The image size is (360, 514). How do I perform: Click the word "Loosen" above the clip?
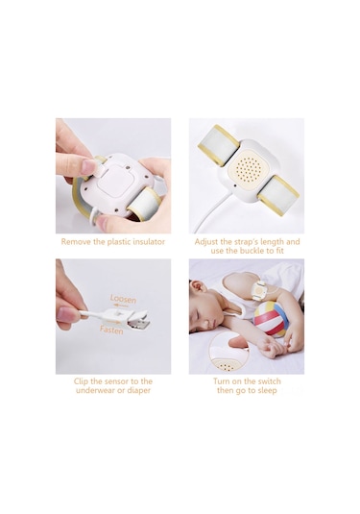tap(123, 299)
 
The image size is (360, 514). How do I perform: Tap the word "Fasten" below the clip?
tap(111, 330)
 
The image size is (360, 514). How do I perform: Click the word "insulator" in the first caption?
tap(146, 242)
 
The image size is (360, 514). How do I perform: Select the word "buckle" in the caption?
tap(253, 251)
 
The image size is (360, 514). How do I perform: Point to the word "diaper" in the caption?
tap(138, 390)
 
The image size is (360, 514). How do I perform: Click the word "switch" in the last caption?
tap(269, 381)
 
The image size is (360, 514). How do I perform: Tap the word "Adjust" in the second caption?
tap(206, 242)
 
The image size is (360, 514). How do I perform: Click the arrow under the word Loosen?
tap(120, 306)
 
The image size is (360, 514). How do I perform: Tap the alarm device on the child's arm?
tap(259, 290)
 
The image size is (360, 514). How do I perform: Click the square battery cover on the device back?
tap(115, 181)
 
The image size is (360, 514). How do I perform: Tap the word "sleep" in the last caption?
tap(267, 390)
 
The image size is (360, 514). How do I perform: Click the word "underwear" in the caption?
tap(97, 390)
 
